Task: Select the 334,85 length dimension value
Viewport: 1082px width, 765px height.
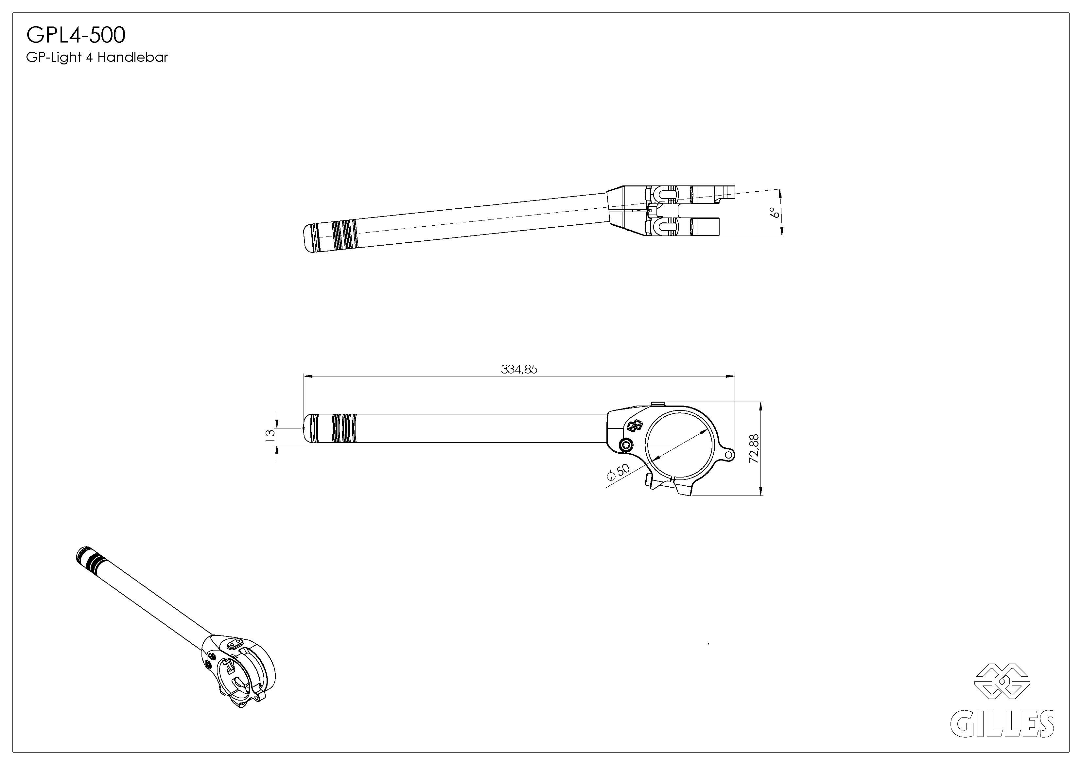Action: [x=519, y=370]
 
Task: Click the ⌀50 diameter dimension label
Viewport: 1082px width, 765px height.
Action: [x=618, y=472]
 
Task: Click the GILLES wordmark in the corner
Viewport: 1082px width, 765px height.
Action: [x=1002, y=723]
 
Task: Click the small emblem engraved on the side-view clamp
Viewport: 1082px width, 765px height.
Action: [x=635, y=426]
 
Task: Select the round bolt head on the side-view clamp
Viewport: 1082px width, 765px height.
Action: [x=626, y=444]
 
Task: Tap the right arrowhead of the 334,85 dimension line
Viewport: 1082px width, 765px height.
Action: [x=731, y=376]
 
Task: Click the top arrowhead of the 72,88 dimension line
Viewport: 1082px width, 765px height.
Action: [x=760, y=406]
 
